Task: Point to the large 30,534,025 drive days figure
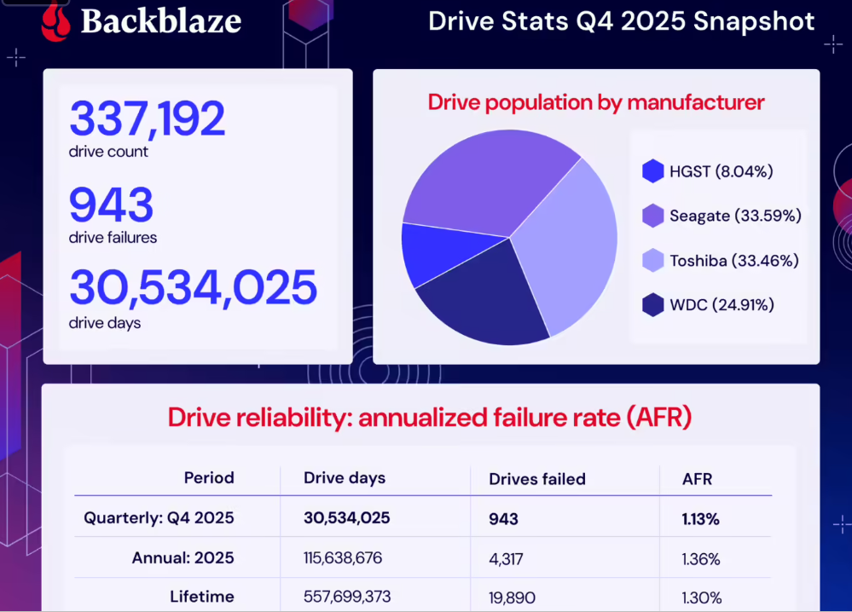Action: (x=193, y=288)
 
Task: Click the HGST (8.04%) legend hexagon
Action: (x=653, y=171)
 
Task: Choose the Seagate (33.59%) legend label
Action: (x=735, y=216)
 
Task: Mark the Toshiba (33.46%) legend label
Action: (x=733, y=260)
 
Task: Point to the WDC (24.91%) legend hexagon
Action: (x=653, y=304)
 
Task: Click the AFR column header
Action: (x=697, y=479)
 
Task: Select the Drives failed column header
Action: (x=537, y=479)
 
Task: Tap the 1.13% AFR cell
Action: (x=701, y=518)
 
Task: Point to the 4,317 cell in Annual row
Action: (x=506, y=559)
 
